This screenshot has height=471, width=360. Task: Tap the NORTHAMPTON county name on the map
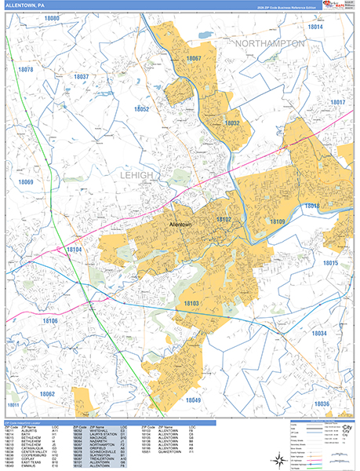[x=268, y=44]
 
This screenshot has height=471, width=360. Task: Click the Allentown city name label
[x=180, y=225]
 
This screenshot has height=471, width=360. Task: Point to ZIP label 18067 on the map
[x=194, y=59]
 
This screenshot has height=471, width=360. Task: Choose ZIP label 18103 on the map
[x=192, y=302]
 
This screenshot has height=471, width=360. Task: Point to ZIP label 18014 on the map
[x=315, y=27]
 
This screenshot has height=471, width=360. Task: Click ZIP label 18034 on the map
[x=319, y=334]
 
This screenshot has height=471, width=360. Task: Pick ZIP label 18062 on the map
[x=48, y=393]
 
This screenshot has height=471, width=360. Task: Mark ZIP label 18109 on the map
[x=278, y=223]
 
